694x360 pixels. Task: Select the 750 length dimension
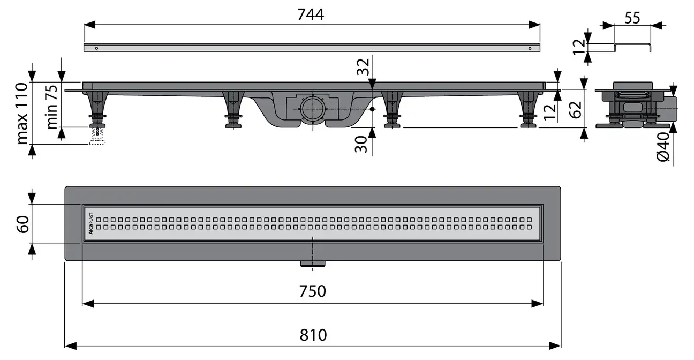(312, 291)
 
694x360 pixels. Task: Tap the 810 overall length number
(313, 335)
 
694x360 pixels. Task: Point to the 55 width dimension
(632, 18)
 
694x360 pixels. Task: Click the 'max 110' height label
(22, 114)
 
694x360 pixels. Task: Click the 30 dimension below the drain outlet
(363, 144)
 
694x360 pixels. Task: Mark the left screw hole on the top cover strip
(96, 48)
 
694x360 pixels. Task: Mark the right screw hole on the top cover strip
(530, 48)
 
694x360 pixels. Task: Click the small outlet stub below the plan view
(312, 262)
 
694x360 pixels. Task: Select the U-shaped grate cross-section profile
(632, 47)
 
